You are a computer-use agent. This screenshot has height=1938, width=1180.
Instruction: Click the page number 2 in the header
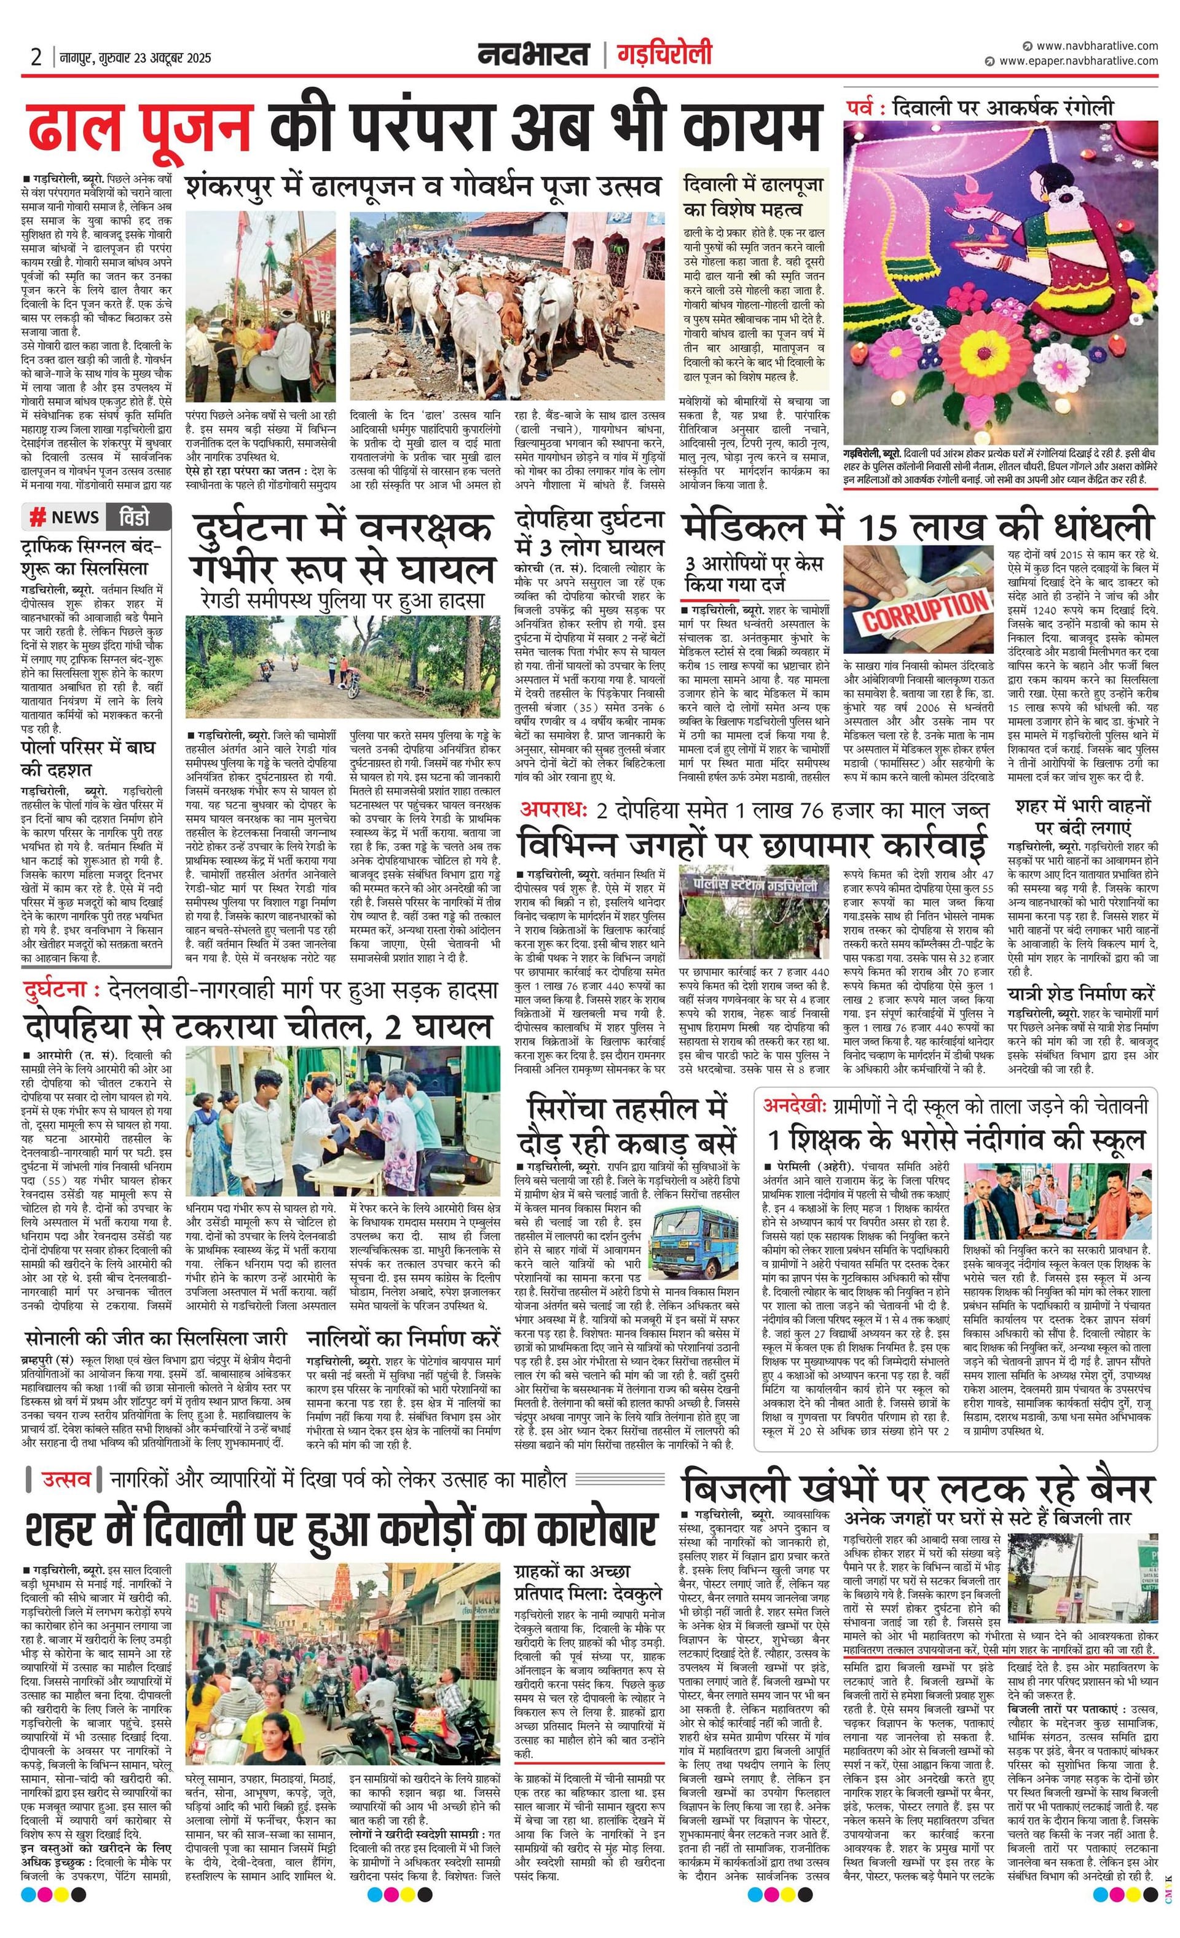pos(36,57)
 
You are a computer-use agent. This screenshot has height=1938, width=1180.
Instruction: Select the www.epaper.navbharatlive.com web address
pos(1078,61)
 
